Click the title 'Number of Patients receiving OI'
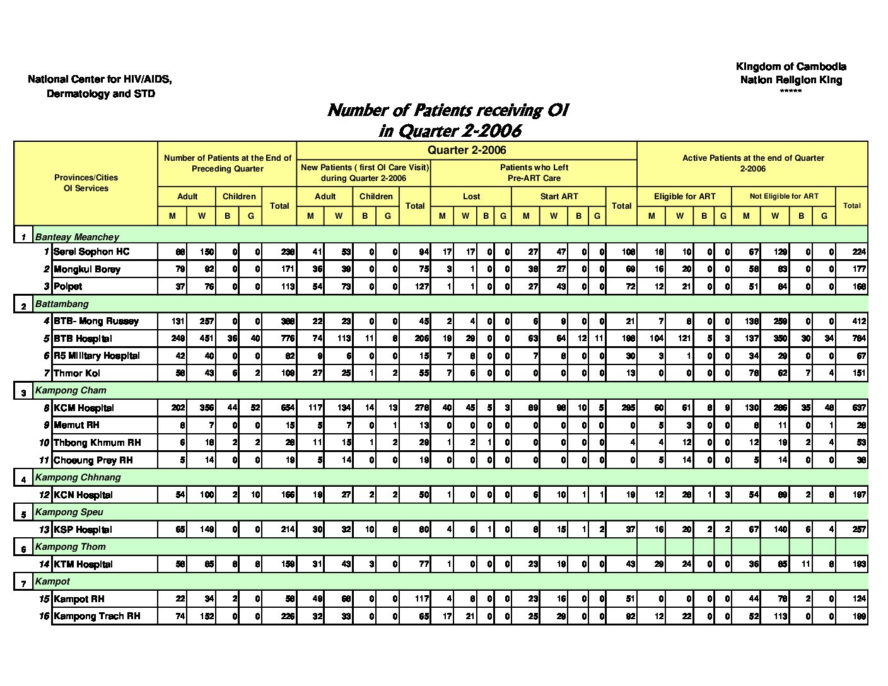pyautogui.click(x=448, y=110)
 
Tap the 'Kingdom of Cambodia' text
pyautogui.click(x=791, y=67)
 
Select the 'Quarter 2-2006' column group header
pyautogui.click(x=467, y=150)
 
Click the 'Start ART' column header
pyautogui.click(x=559, y=196)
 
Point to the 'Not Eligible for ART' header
pyautogui.click(x=784, y=196)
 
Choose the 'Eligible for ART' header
pyautogui.click(x=684, y=196)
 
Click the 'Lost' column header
pyautogui.click(x=471, y=196)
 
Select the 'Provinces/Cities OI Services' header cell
pyautogui.click(x=86, y=183)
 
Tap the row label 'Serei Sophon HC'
pyautogui.click(x=91, y=252)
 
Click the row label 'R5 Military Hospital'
pyautogui.click(x=96, y=356)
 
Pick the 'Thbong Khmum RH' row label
pyautogui.click(x=97, y=443)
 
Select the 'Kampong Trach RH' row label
pyautogui.click(x=97, y=616)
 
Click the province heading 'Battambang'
pyautogui.click(x=62, y=304)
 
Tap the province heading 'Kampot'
pyautogui.click(x=52, y=581)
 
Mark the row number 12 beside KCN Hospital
pyautogui.click(x=44, y=495)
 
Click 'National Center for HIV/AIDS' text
pyautogui.click(x=100, y=79)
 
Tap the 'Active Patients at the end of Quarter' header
pyautogui.click(x=753, y=158)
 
